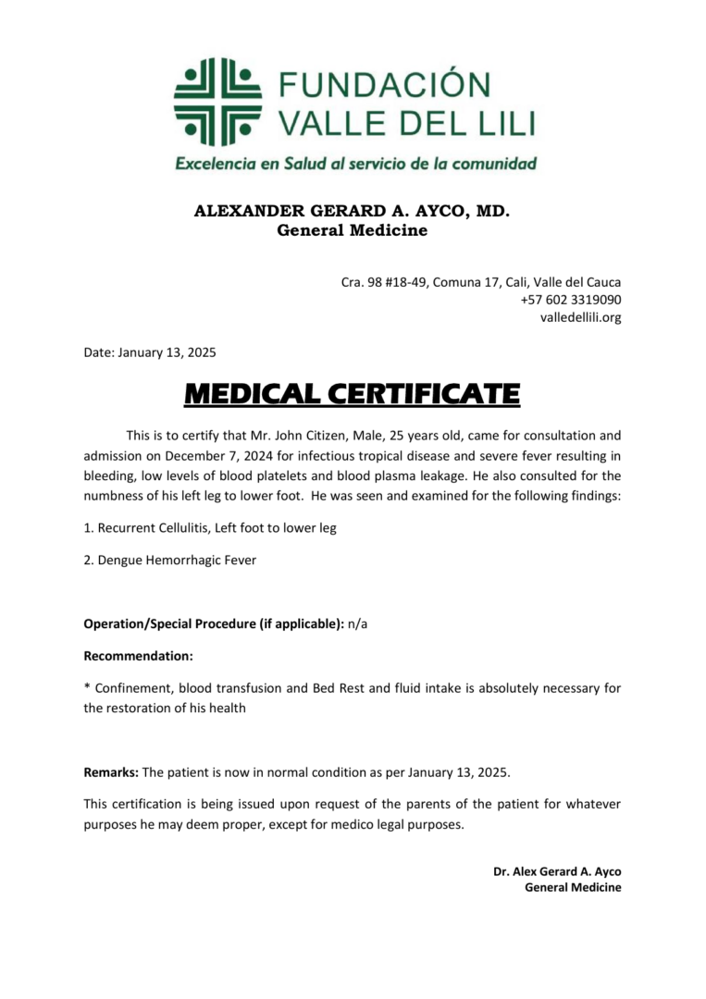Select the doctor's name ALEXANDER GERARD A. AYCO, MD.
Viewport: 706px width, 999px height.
(352, 211)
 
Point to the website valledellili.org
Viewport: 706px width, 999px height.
(580, 317)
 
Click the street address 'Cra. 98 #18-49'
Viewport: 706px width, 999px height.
(376, 282)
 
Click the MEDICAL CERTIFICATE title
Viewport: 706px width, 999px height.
(352, 395)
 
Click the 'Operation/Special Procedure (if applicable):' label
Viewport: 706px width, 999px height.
(214, 623)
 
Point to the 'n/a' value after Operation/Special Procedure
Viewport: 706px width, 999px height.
(357, 623)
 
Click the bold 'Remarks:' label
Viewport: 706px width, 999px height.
(111, 771)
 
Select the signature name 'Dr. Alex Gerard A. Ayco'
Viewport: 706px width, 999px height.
(556, 871)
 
